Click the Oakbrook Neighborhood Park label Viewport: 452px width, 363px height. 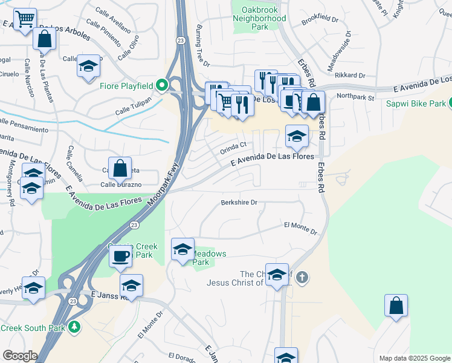259,18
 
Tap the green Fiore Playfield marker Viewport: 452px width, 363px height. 161,86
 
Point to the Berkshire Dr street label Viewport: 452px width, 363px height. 239,203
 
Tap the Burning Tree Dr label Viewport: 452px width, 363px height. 202,46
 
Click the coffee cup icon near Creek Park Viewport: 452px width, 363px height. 120,255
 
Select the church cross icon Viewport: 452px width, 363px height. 303,278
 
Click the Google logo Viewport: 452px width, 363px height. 20,356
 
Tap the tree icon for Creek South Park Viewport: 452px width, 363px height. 74,327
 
